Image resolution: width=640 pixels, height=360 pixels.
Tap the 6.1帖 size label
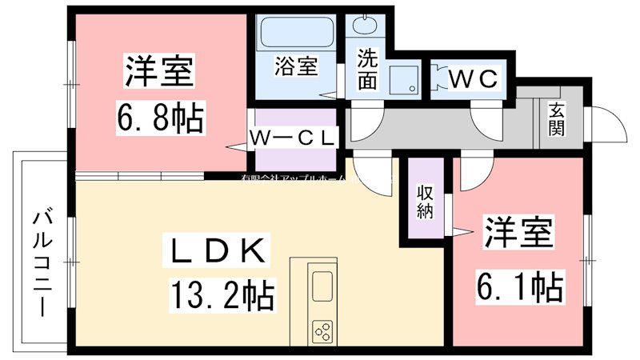pos(519,284)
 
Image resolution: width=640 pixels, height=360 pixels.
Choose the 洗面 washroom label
pos(367,70)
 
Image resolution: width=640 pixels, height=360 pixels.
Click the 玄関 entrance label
pos(557,120)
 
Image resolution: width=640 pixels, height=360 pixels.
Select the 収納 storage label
pos(424,202)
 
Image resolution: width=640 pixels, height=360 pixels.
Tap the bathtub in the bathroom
pos(296,34)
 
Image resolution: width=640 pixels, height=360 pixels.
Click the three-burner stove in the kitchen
pos(322,330)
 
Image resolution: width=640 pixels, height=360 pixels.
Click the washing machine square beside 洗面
pos(402,80)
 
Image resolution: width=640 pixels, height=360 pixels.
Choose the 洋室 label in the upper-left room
pos(158,72)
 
